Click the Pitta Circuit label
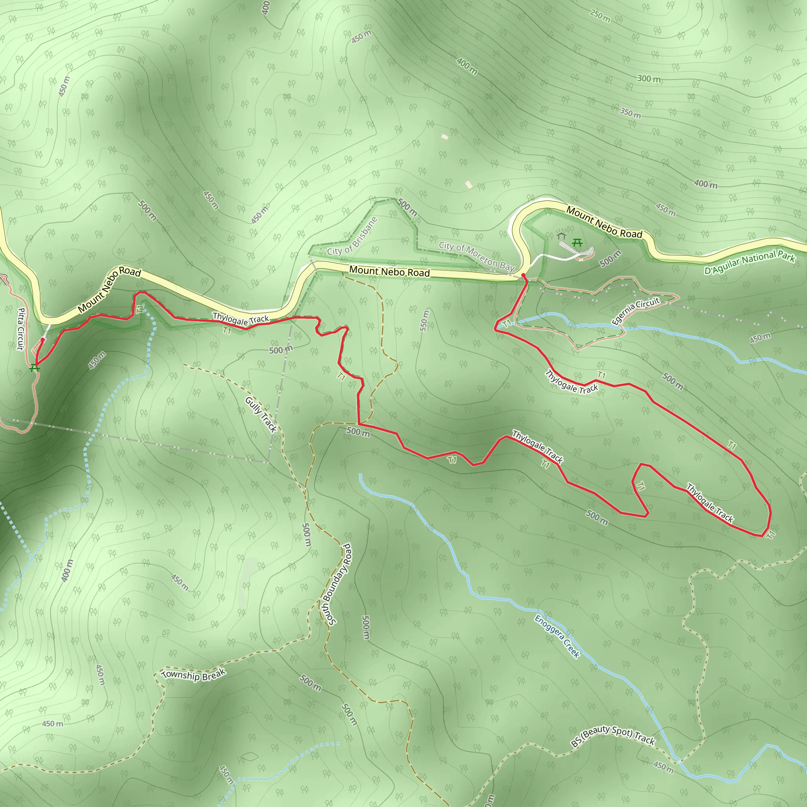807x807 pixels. coord(20,329)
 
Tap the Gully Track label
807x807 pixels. coord(261,415)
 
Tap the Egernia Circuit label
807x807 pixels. coord(635,311)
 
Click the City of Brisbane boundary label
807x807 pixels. coord(352,237)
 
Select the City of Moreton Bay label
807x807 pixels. coord(476,256)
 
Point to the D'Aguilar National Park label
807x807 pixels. coord(749,262)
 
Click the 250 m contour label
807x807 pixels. coord(600,16)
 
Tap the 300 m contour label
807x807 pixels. coord(649,78)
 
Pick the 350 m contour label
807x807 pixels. coord(630,113)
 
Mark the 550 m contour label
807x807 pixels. coord(424,320)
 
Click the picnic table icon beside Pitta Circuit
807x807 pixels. coord(35,368)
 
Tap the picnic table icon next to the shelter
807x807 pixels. coord(577,242)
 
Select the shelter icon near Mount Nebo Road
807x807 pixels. coord(562,236)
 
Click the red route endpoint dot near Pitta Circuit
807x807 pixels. coord(43,340)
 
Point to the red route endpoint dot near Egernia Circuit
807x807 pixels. coord(523,275)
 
